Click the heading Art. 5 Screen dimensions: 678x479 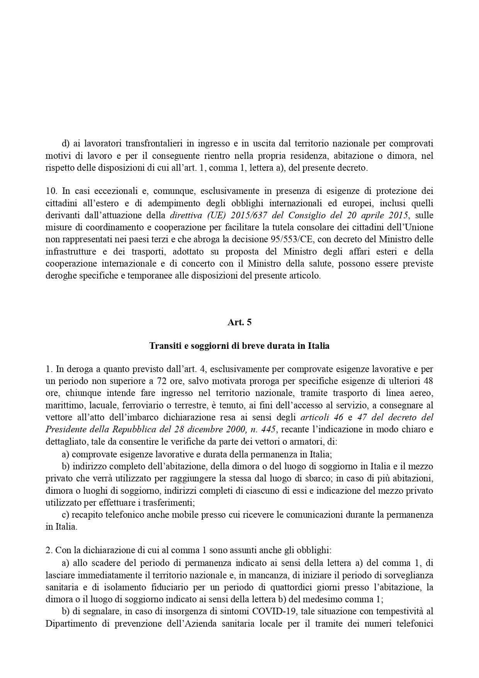point(239,322)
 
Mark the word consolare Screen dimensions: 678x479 point(343,228)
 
